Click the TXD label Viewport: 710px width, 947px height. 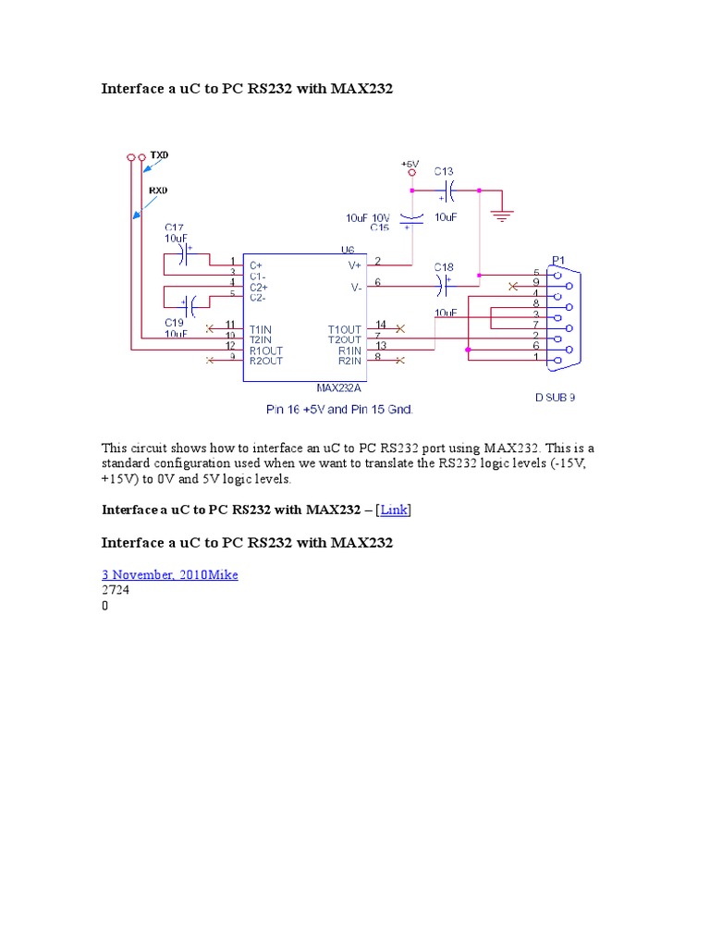tap(160, 156)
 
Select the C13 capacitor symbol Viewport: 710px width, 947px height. tap(447, 191)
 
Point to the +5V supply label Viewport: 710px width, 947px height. tap(410, 164)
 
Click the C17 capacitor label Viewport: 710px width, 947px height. tap(175, 227)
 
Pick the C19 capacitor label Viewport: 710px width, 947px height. tap(175, 322)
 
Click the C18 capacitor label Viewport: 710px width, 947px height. tap(444, 266)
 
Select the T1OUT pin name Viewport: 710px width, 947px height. tap(345, 329)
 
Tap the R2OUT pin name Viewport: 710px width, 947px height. tap(265, 361)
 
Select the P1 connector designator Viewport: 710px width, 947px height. tap(558, 259)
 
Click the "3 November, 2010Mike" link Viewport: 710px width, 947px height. tap(169, 575)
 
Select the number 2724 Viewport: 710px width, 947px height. tap(116, 591)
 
